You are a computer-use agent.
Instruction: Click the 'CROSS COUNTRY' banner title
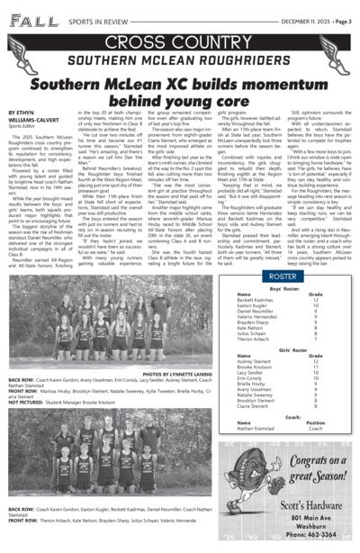(180, 43)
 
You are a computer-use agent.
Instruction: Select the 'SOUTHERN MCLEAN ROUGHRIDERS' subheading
(180, 59)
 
